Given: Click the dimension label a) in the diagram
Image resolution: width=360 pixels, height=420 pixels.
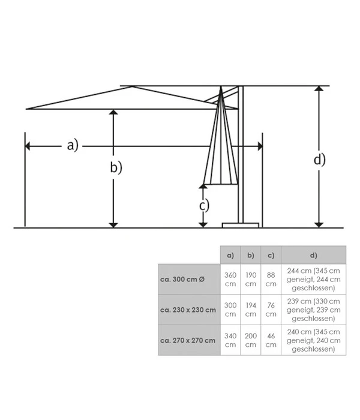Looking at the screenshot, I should coord(72,145).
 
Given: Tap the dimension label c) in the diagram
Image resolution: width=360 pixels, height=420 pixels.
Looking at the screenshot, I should coord(204,205).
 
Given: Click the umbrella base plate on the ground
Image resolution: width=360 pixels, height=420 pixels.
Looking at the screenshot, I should coord(241,225).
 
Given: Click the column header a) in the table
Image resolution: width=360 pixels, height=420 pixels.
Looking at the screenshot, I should coord(230,254).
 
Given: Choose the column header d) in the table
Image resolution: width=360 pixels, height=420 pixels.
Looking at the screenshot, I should coord(313,254).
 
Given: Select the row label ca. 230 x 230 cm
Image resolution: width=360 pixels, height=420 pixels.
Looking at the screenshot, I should coord(188,310).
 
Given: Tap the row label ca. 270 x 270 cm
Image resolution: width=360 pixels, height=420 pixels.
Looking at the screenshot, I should coord(188,340).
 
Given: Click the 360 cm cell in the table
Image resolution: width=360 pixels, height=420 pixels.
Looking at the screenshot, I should coord(230,279).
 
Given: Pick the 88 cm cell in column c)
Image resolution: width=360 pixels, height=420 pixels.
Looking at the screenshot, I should coord(271,279).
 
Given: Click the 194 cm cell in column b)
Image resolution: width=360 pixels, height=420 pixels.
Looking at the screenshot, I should coord(251,310).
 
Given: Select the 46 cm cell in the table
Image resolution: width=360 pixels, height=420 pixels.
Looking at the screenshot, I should coord(271,340).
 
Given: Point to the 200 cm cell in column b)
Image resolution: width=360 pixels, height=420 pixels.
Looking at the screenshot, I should coord(251,340).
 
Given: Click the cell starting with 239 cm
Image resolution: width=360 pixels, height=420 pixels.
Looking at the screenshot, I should coord(313,310).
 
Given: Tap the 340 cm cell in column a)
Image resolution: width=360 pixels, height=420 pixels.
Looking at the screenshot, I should coord(230,340).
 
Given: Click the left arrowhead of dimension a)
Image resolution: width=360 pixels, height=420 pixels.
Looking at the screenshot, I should coord(28,146).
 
